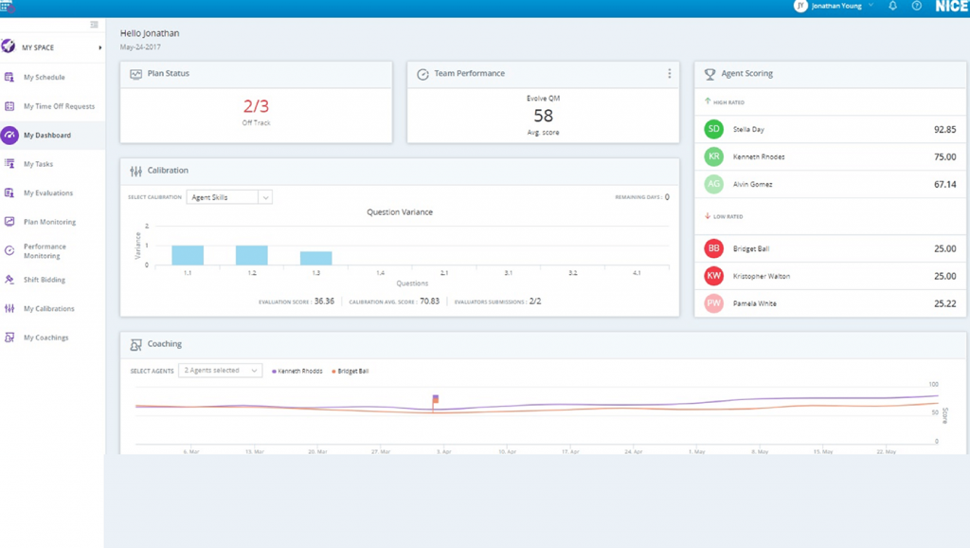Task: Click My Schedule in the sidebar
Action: click(44, 78)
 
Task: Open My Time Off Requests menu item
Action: click(59, 106)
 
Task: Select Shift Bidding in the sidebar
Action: click(44, 280)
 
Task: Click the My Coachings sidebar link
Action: click(45, 338)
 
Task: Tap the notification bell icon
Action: click(892, 7)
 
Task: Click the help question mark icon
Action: click(916, 7)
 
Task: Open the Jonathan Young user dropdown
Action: click(834, 7)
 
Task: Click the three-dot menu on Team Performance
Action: click(669, 74)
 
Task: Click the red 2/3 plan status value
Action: click(256, 106)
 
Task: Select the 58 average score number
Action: click(543, 116)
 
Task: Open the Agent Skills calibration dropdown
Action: click(229, 197)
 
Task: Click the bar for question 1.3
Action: click(315, 258)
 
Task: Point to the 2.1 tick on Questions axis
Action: click(443, 272)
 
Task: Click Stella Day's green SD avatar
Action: click(713, 129)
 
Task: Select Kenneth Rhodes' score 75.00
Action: click(943, 157)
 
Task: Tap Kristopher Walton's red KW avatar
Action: click(713, 276)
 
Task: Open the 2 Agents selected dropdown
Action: click(221, 371)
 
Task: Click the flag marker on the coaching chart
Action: click(435, 400)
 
